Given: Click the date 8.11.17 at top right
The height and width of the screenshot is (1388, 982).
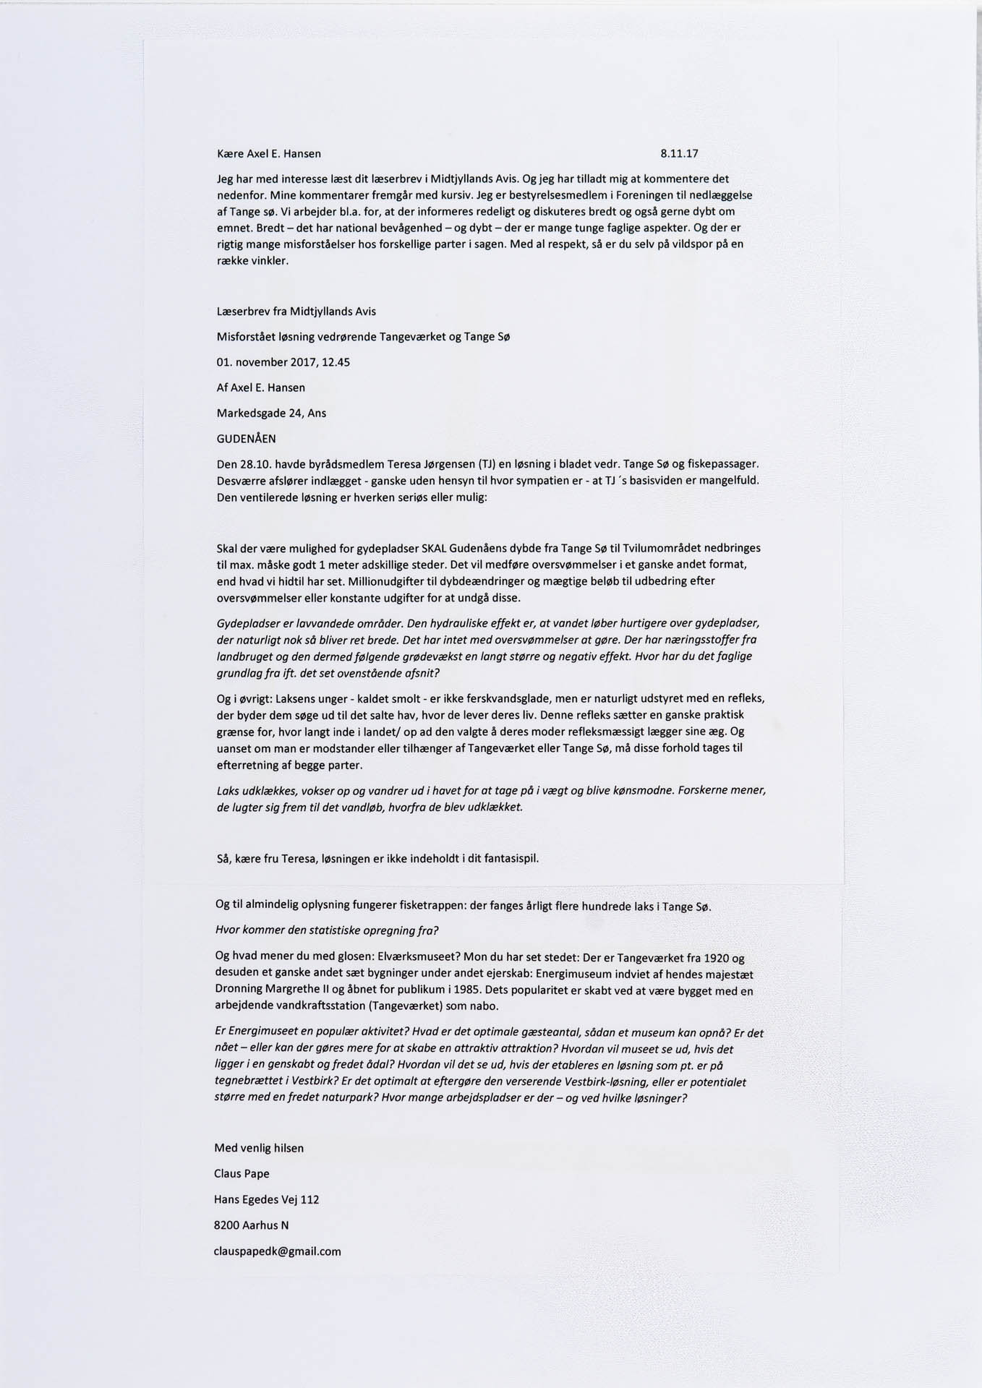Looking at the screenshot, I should [679, 154].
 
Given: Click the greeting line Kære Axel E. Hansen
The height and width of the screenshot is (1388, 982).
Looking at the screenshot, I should [269, 154].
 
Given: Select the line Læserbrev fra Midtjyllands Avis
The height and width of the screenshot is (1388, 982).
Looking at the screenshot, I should [296, 312].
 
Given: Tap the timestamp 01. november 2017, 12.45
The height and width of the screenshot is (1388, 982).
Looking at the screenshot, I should [283, 362].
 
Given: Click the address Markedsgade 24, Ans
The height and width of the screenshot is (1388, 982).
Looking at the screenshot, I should [271, 414].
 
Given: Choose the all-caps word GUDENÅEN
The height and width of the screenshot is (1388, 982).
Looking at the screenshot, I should [246, 439].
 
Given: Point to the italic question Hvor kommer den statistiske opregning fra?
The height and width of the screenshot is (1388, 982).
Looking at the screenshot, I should [328, 930].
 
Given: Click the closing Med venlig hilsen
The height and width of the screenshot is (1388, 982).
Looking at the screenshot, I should [259, 1148].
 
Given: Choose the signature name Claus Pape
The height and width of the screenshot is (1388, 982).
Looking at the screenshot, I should [242, 1174].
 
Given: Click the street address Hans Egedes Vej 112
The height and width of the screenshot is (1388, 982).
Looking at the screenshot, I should [266, 1200].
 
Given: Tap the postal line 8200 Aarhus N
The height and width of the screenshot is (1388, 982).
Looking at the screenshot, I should [250, 1225].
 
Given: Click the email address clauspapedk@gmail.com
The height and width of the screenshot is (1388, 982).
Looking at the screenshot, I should [277, 1251].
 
